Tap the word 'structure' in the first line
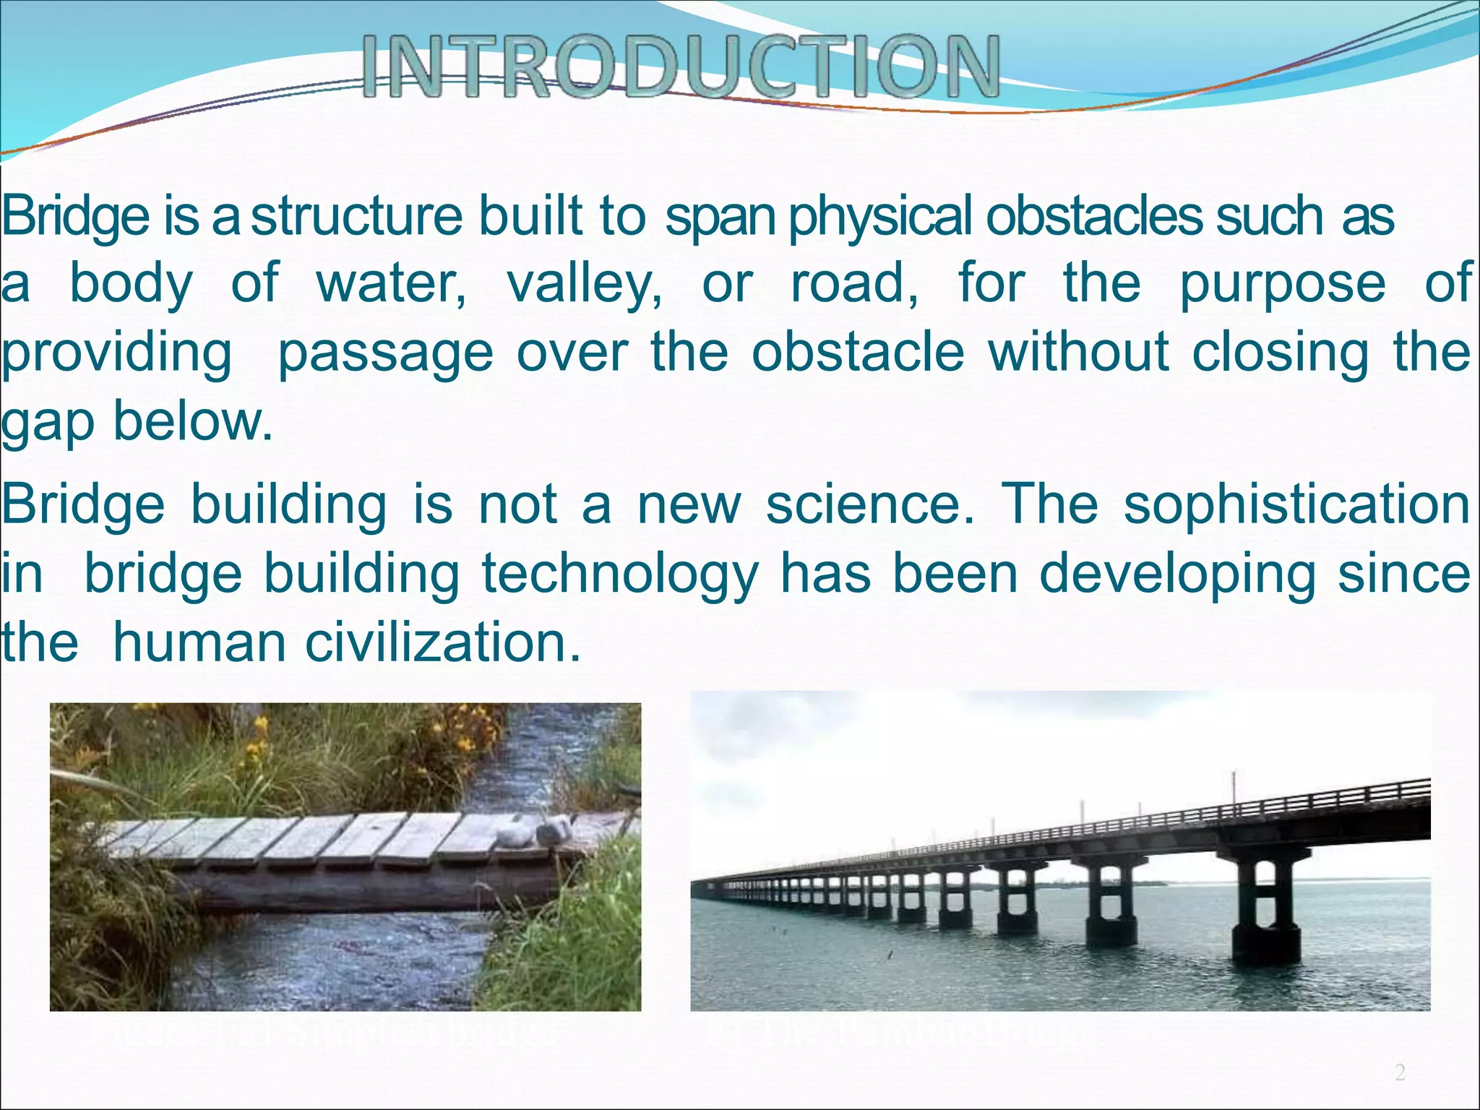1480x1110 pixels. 356,216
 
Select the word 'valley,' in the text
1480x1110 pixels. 584,283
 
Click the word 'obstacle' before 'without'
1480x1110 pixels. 858,352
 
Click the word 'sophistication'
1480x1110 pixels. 1296,506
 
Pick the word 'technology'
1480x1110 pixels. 620,575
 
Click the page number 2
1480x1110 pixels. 1400,1072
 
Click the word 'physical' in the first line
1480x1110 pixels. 883,218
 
